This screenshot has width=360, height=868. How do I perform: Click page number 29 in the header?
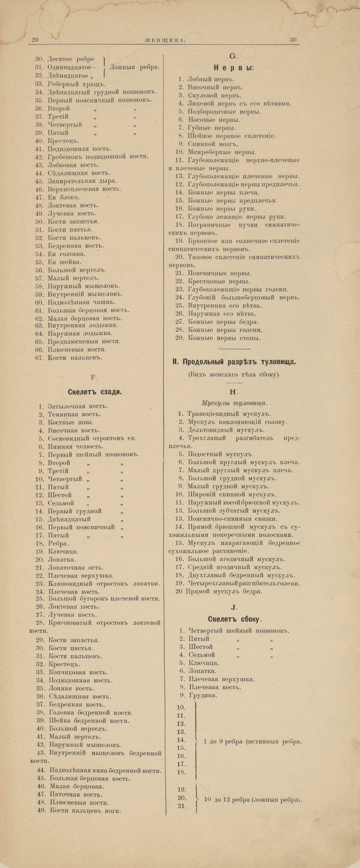pyautogui.click(x=35, y=40)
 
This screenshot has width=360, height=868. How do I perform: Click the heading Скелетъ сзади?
pyautogui.click(x=95, y=391)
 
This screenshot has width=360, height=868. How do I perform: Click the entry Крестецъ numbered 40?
pyautogui.click(x=62, y=140)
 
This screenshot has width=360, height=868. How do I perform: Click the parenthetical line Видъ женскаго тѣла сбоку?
pyautogui.click(x=234, y=374)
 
